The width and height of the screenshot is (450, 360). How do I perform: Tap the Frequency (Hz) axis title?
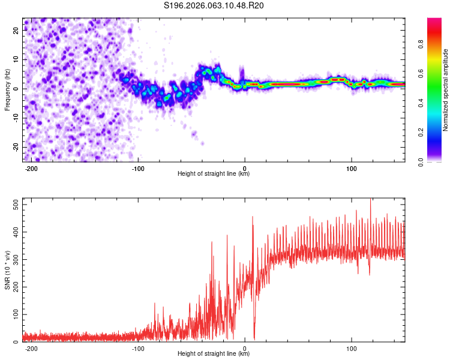[7, 89]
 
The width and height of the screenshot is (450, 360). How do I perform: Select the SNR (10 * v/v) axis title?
[7, 270]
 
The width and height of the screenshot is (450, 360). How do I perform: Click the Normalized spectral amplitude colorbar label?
[446, 91]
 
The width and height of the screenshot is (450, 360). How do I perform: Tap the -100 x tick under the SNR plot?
[139, 347]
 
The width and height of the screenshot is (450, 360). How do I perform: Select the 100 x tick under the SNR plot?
[352, 347]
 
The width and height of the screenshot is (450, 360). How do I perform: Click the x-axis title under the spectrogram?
[214, 174]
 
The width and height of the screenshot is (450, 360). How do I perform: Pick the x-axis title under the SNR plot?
[214, 354]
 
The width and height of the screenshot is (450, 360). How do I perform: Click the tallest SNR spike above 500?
[370, 200]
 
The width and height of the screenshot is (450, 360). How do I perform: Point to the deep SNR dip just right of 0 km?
[254, 339]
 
